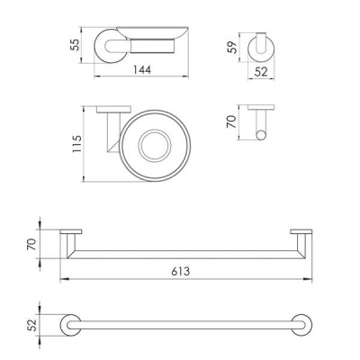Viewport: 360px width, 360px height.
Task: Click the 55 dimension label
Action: (76, 45)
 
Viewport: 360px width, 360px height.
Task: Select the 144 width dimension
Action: (142, 70)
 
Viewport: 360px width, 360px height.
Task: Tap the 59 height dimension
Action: (232, 47)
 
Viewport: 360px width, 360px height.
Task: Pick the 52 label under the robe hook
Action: (261, 72)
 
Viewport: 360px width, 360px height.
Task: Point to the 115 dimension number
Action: (76, 144)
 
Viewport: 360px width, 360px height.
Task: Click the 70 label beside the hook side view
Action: (231, 121)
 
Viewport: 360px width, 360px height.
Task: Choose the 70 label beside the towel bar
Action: (31, 244)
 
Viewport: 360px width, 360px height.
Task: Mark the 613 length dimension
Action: (181, 271)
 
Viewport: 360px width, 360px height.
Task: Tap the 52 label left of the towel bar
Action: (31, 325)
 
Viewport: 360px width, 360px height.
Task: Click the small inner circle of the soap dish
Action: (155, 146)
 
